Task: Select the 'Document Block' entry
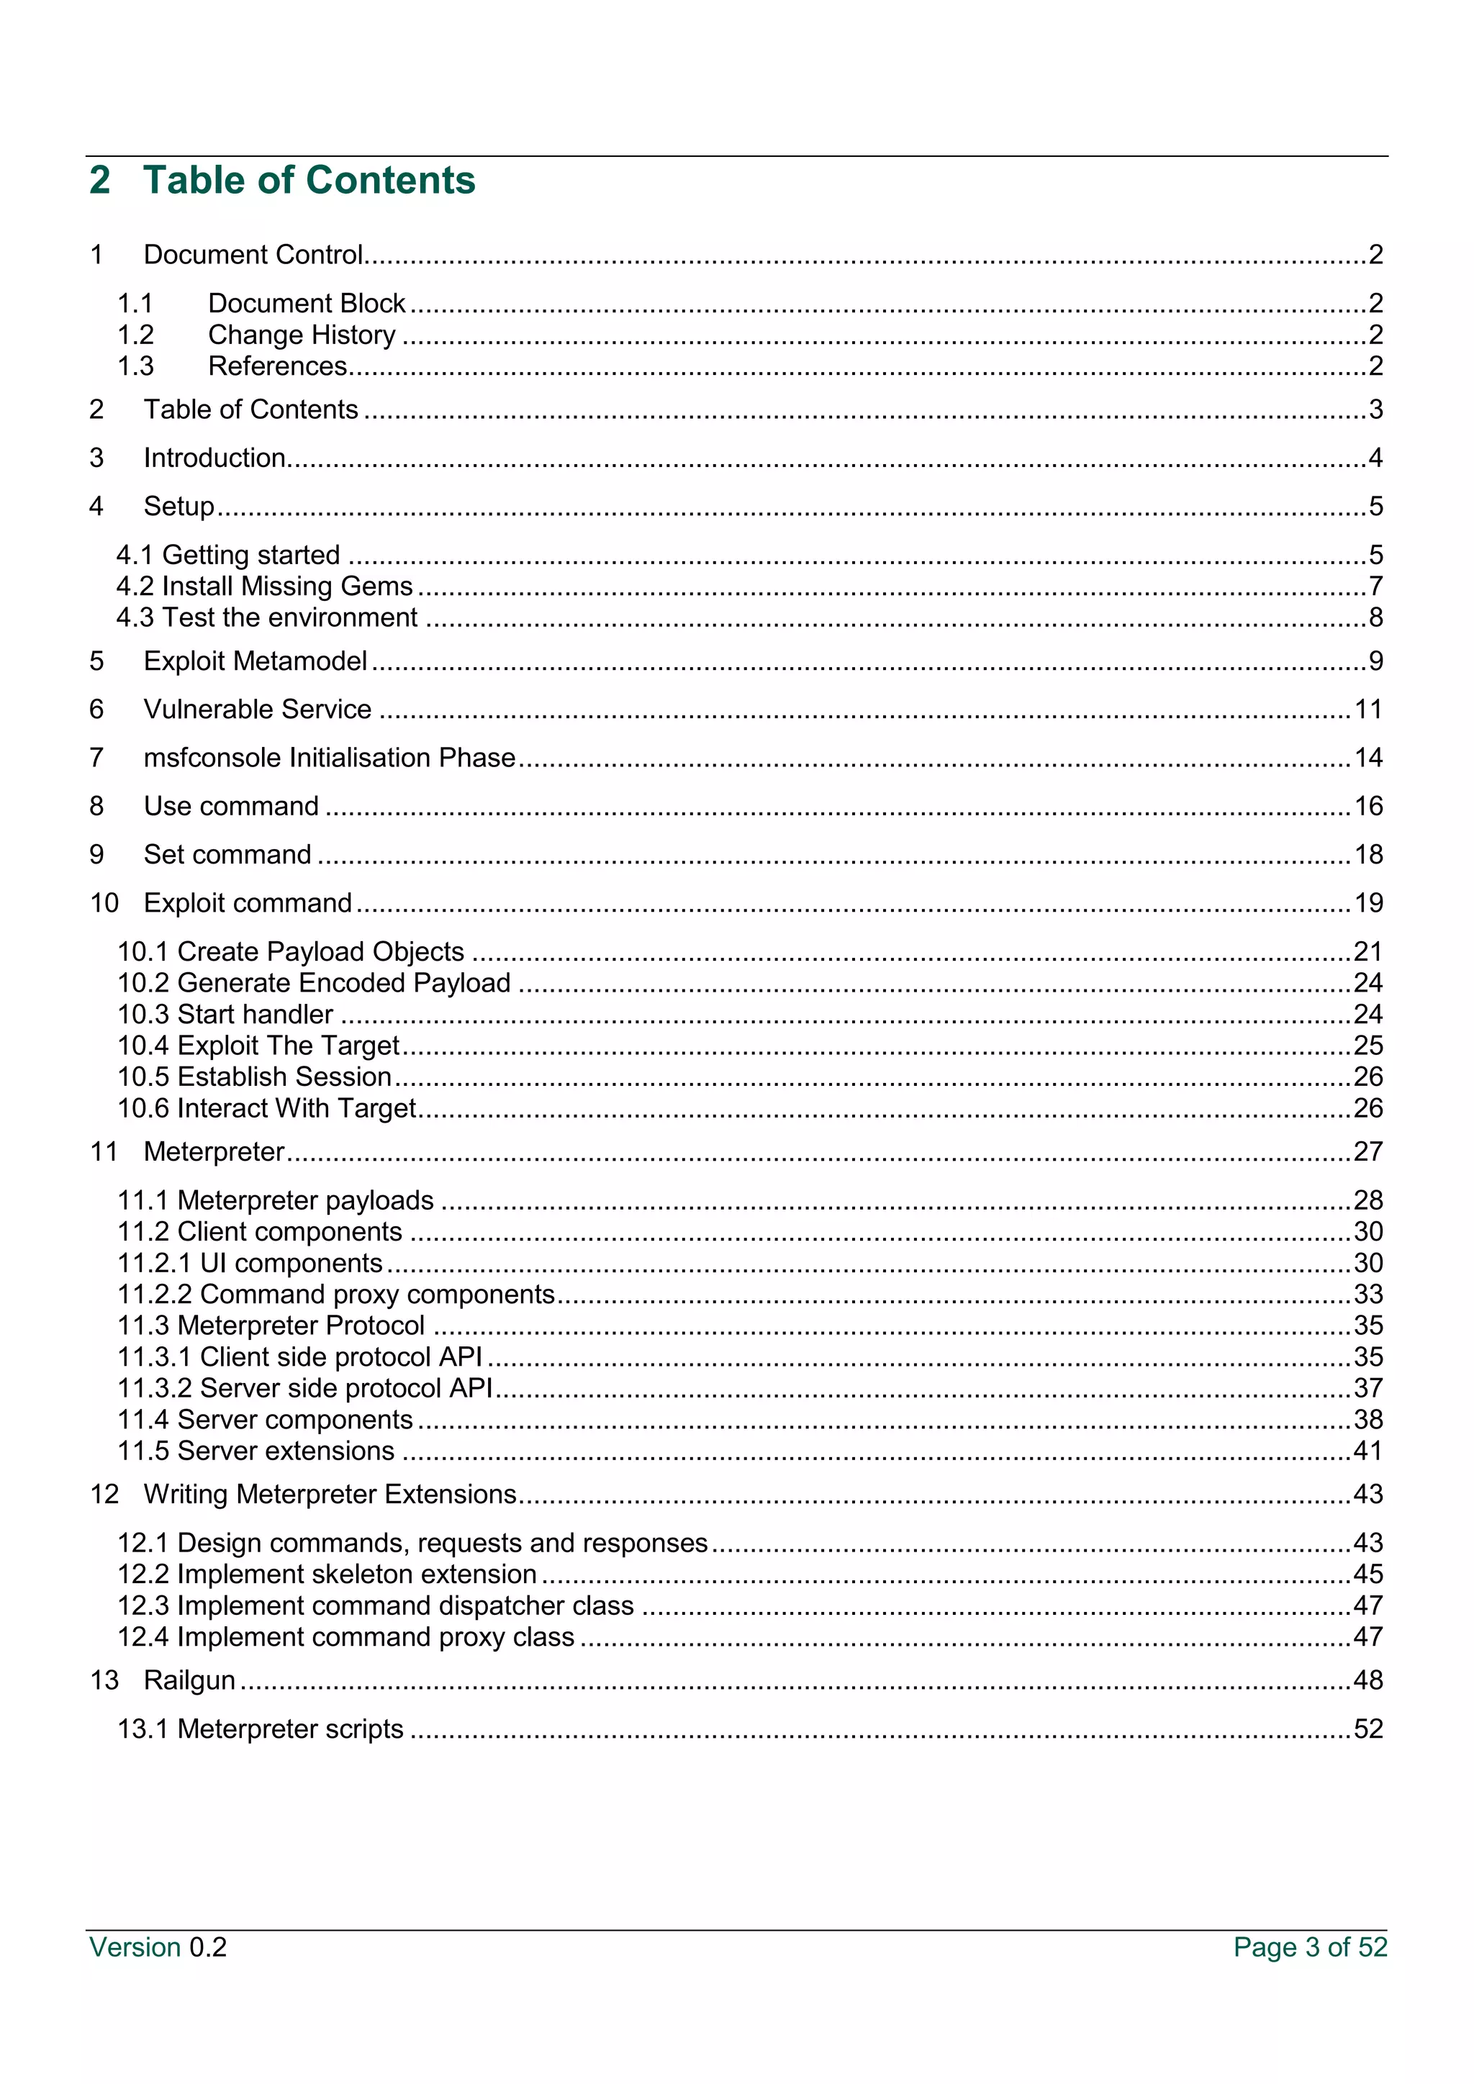pyautogui.click(x=306, y=303)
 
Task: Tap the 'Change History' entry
pyautogui.click(x=302, y=335)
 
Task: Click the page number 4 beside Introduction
pyautogui.click(x=1375, y=458)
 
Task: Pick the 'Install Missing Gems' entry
pyautogui.click(x=287, y=586)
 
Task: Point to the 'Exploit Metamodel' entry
pyautogui.click(x=255, y=661)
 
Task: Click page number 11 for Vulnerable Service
pyautogui.click(x=1367, y=709)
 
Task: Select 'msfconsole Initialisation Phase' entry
pyautogui.click(x=330, y=758)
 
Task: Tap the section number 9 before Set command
pyautogui.click(x=97, y=855)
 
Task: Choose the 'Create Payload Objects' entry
pyautogui.click(x=320, y=951)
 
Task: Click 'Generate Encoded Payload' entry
pyautogui.click(x=343, y=983)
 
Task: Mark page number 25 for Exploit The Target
pyautogui.click(x=1367, y=1046)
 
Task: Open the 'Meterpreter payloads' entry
pyautogui.click(x=305, y=1200)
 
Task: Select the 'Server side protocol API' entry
pyautogui.click(x=345, y=1388)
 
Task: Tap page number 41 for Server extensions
pyautogui.click(x=1367, y=1451)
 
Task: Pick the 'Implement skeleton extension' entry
pyautogui.click(x=357, y=1574)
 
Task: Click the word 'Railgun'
pyautogui.click(x=190, y=1680)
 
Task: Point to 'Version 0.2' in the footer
pyautogui.click(x=158, y=1948)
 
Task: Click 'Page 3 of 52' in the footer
pyautogui.click(x=1310, y=1948)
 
